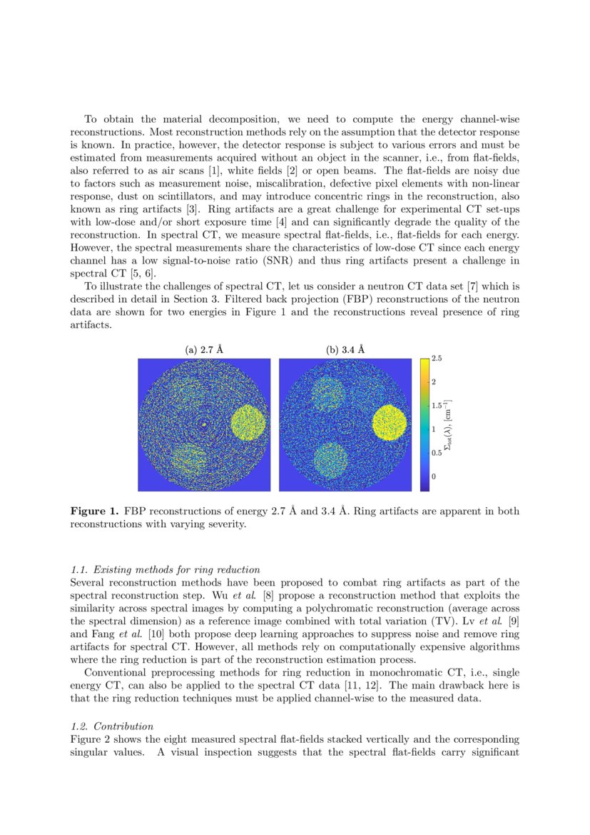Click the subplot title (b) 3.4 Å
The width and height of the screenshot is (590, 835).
(x=345, y=350)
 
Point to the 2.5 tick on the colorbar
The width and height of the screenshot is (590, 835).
(x=437, y=359)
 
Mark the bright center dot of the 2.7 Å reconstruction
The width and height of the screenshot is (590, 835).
(x=204, y=424)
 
